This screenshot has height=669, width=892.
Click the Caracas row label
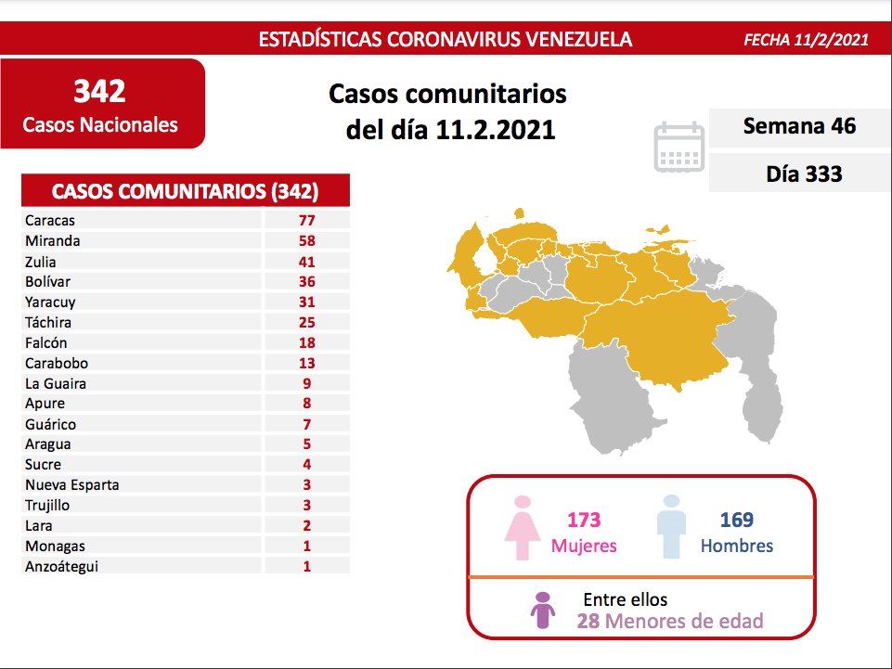pyautogui.click(x=50, y=221)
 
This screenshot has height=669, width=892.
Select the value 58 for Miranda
pyautogui.click(x=306, y=241)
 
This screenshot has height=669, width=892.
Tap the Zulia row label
pyautogui.click(x=41, y=262)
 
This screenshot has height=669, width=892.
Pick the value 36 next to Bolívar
pyautogui.click(x=306, y=282)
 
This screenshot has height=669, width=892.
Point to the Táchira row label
pyautogui.click(x=48, y=323)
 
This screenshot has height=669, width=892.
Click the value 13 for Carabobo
pyautogui.click(x=306, y=364)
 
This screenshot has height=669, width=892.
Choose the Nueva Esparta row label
pyautogui.click(x=72, y=485)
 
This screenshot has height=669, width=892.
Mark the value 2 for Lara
pyautogui.click(x=306, y=526)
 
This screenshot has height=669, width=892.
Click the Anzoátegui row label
pyautogui.click(x=62, y=567)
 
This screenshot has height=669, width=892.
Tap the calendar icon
pyautogui.click(x=679, y=147)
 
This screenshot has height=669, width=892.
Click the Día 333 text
pyautogui.click(x=804, y=173)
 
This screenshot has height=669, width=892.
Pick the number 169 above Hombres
pyautogui.click(x=736, y=521)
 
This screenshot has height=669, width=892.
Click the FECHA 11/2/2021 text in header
pyautogui.click(x=806, y=40)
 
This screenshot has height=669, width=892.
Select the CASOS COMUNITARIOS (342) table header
pyautogui.click(x=186, y=192)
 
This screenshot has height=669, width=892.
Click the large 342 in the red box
pyautogui.click(x=99, y=91)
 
